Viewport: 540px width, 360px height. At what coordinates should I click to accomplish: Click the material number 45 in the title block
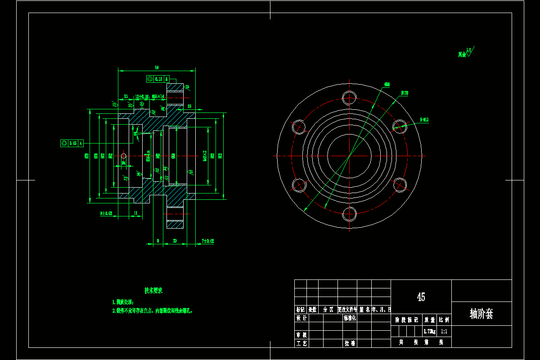click(421, 297)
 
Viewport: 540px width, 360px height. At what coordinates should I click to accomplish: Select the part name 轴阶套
click(481, 314)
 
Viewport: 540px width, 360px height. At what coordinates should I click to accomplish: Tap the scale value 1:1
click(444, 331)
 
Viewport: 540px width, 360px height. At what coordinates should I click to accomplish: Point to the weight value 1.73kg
click(430, 331)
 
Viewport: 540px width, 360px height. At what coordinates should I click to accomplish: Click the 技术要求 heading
click(153, 291)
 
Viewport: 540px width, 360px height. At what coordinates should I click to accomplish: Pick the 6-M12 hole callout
click(424, 120)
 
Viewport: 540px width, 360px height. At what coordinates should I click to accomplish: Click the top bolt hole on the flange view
click(349, 97)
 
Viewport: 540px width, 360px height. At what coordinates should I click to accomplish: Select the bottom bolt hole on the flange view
click(349, 214)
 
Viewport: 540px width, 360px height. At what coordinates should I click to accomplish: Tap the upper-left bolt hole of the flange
click(298, 127)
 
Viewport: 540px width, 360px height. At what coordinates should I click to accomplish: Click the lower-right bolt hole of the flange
click(400, 184)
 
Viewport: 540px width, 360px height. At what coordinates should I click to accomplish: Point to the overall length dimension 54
click(157, 67)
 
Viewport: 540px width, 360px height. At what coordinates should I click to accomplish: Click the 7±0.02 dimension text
click(208, 241)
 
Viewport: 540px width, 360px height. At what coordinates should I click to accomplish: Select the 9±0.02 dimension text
click(106, 213)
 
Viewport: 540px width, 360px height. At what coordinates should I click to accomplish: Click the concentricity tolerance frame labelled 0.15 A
click(72, 143)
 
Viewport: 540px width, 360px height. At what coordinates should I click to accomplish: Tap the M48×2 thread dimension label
click(205, 156)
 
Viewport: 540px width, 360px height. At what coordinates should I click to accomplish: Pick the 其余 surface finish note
click(462, 54)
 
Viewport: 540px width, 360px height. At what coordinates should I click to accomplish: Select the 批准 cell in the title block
click(350, 343)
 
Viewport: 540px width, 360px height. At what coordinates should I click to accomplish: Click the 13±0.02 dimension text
click(142, 97)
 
